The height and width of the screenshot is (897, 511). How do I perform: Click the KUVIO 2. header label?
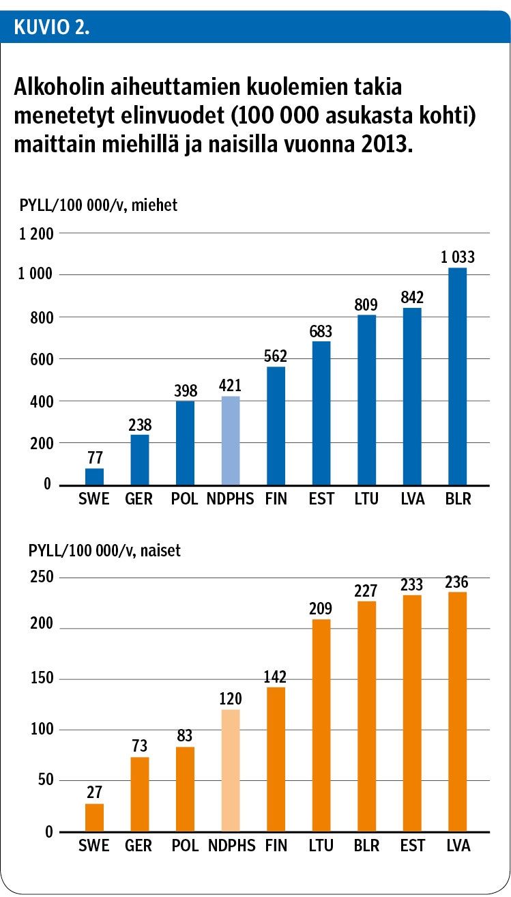pos(52,28)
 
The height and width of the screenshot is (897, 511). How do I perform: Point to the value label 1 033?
pos(457,257)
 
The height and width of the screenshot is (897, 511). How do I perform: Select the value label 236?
pos(457,582)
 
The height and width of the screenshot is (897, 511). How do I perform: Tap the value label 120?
pos(231,699)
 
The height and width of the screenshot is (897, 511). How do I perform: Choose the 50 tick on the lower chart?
pos(44,781)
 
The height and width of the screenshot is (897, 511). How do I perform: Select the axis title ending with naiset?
pos(104,550)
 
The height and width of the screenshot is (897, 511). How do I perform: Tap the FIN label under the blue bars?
pos(276,500)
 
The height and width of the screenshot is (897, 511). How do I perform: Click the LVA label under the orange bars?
pos(457,846)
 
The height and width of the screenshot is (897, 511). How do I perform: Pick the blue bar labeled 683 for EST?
pos(321,413)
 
